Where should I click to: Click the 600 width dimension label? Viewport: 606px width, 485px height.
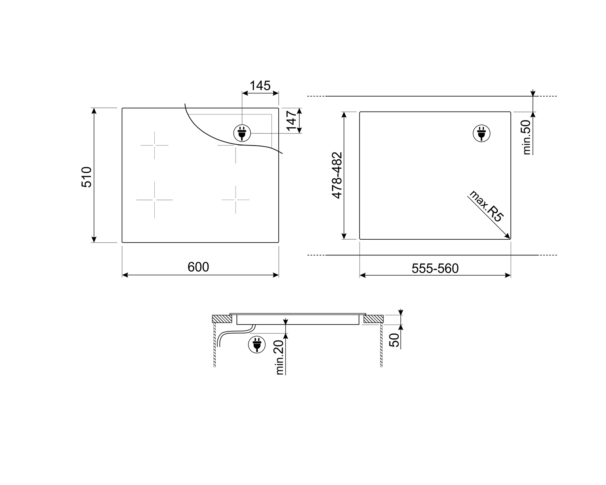198,267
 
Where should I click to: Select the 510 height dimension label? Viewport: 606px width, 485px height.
87,177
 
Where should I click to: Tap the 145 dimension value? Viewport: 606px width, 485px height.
260,86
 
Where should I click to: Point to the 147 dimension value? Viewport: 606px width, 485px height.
292,120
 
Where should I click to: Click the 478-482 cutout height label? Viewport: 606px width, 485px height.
337,175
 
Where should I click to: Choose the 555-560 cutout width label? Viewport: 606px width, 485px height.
435,268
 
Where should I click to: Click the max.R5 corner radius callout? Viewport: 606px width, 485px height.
486,206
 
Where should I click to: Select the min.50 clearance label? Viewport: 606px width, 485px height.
527,138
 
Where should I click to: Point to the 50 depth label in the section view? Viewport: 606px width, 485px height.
394,340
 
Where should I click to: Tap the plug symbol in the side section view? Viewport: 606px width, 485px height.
257,344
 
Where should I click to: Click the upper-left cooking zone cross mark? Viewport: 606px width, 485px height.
154,145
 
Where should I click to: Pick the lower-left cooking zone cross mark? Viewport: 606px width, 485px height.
154,200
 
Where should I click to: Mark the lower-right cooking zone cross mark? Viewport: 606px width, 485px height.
236,200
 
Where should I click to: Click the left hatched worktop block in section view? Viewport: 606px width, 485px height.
222,319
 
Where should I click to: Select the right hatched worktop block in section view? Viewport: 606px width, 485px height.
373,319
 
